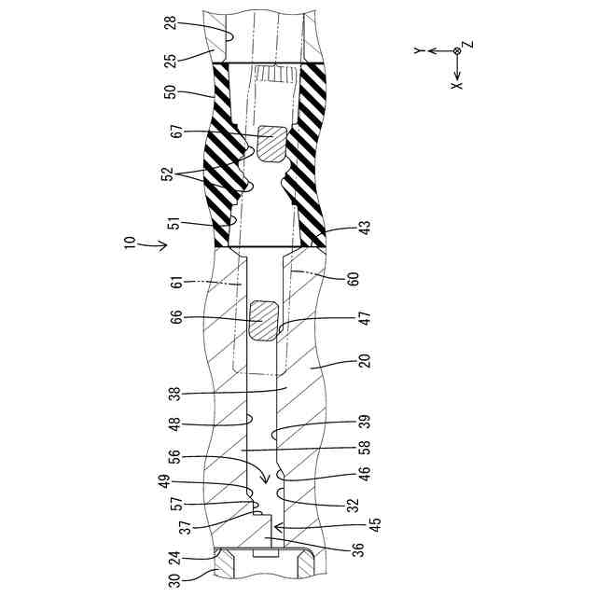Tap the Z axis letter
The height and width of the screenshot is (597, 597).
click(x=469, y=44)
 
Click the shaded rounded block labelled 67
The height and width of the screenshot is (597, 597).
click(x=271, y=145)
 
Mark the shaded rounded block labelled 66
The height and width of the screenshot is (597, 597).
click(x=265, y=320)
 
